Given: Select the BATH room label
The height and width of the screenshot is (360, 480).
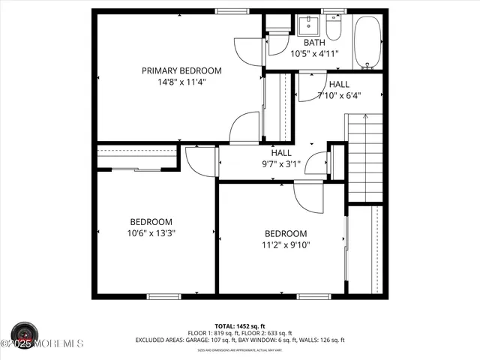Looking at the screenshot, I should [x=314, y=43].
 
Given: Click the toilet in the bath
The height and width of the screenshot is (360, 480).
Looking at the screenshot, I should [x=334, y=28].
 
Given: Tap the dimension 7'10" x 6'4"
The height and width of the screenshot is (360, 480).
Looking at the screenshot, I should [x=339, y=96].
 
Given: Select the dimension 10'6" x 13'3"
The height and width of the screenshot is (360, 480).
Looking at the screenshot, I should [x=151, y=233].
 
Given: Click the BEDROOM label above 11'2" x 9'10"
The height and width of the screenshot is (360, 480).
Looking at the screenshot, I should [x=285, y=233].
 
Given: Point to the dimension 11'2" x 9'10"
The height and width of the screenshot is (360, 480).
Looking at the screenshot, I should [x=285, y=244].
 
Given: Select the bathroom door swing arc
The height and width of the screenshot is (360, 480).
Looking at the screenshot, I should [x=248, y=49].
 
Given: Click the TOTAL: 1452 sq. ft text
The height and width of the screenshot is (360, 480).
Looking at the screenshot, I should [x=240, y=326].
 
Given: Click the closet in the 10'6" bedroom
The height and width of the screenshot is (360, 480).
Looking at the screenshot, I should [x=137, y=158].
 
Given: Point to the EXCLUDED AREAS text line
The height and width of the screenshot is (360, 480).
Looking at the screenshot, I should [x=240, y=340].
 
